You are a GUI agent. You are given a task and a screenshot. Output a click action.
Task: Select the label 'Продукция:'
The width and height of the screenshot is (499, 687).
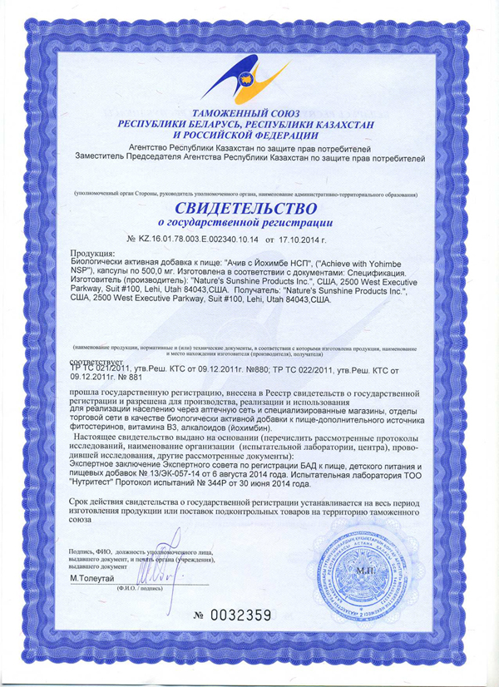(92, 253)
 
